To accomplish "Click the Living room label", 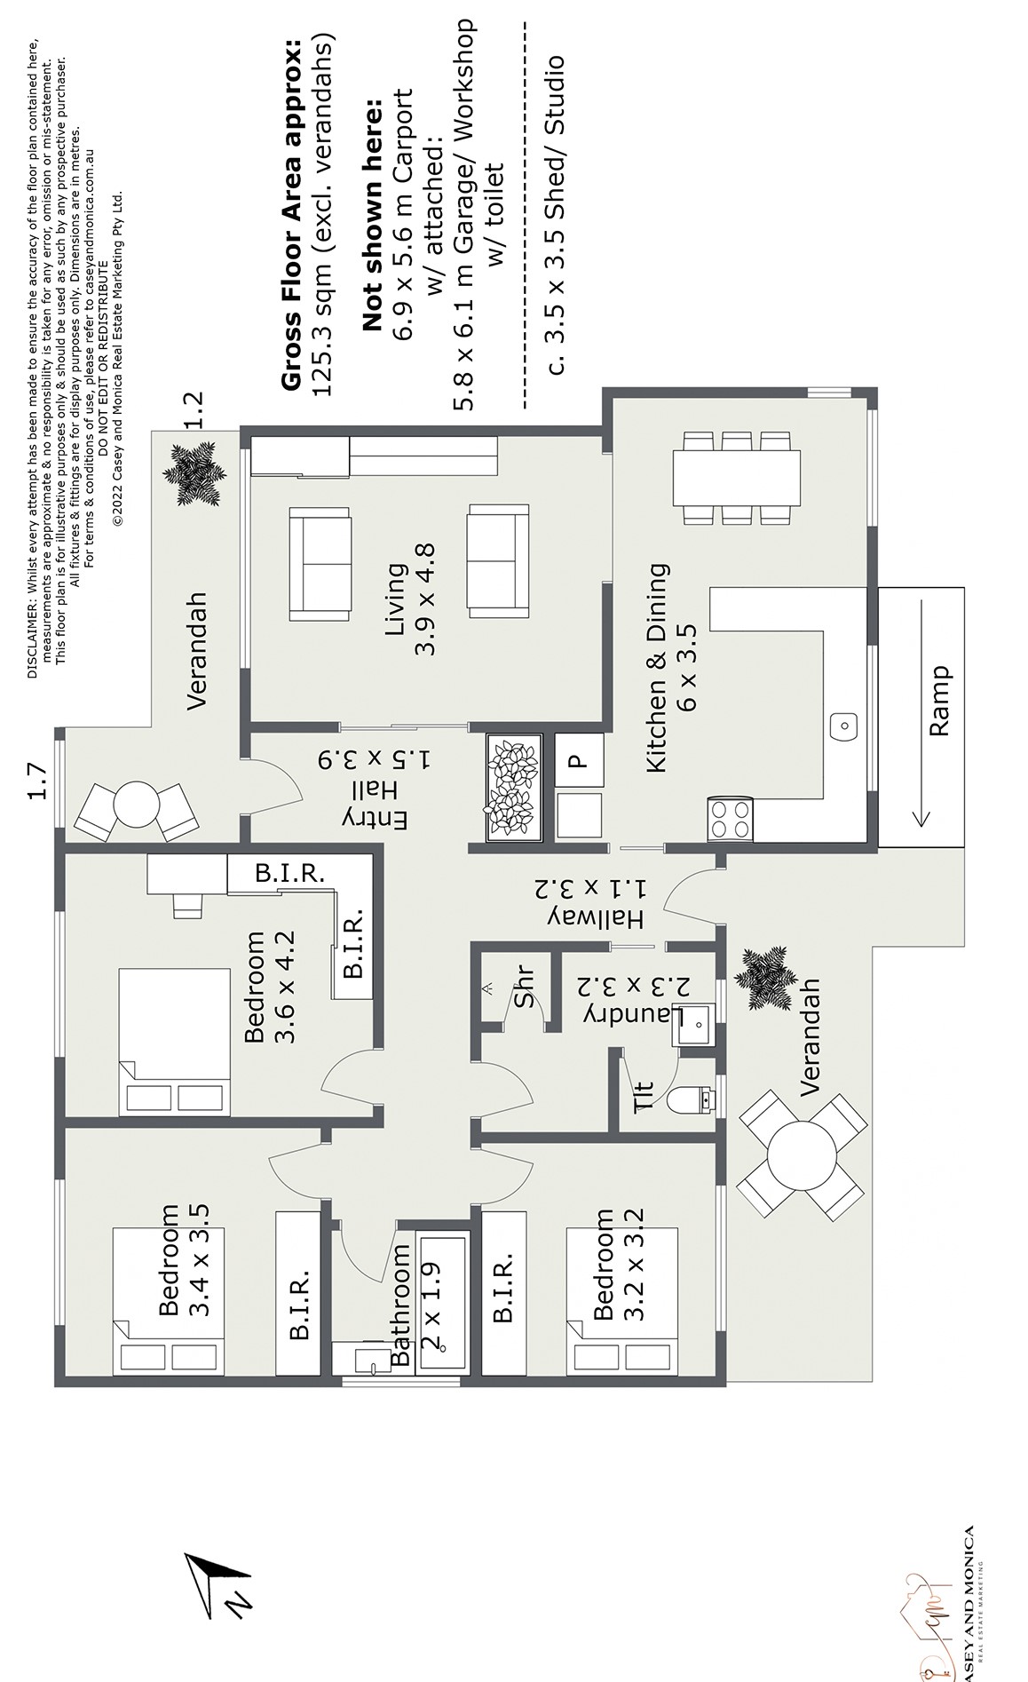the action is point(410,599).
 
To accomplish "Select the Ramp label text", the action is point(938,701).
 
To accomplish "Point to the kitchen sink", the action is point(844,726).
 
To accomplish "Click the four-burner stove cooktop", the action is point(731,818).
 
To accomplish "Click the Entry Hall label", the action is point(376,789).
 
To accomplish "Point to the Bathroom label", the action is point(400,1305).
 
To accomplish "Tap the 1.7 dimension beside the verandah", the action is point(36,781).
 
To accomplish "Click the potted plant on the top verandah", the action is point(191,474).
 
